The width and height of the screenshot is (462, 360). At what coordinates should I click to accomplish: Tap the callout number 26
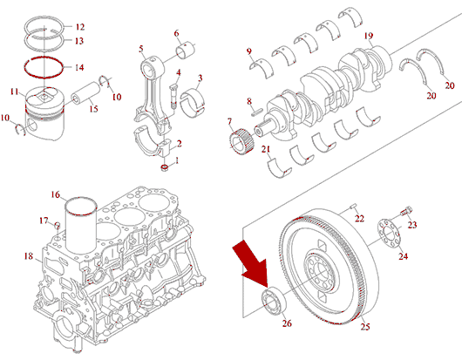click(287, 323)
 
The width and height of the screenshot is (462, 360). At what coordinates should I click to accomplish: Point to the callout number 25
click(365, 326)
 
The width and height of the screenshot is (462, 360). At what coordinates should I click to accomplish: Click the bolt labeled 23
click(406, 211)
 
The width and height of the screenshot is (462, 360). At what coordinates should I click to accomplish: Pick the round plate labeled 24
click(390, 234)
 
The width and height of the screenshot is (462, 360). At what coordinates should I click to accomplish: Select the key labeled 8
click(256, 112)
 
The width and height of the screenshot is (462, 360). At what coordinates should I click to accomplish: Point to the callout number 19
click(369, 36)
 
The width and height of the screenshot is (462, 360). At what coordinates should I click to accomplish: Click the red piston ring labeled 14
click(44, 67)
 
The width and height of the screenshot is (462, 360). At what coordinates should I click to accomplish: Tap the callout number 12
click(80, 27)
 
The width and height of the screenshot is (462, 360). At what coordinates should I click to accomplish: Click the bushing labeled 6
click(186, 50)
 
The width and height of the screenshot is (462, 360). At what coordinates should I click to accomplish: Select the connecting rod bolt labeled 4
click(173, 96)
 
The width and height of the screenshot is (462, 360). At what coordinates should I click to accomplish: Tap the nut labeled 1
click(165, 168)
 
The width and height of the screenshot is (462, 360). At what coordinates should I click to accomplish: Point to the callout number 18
click(29, 256)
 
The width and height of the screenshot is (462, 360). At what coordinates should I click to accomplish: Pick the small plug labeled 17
click(58, 226)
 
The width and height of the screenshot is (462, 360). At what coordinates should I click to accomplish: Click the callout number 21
click(266, 149)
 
